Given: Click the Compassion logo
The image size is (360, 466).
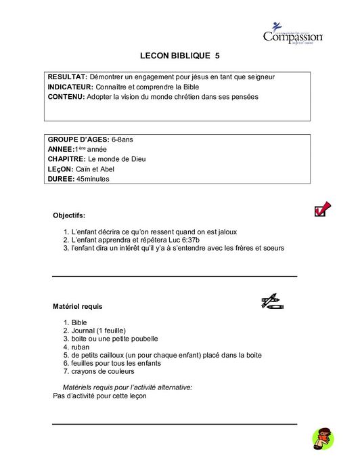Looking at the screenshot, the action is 292,35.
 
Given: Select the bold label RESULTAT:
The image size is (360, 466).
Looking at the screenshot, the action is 68,77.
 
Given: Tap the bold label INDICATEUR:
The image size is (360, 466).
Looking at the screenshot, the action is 72,87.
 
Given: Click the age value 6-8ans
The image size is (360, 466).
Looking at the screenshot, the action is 122,139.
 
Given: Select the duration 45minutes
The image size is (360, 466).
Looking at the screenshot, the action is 93,179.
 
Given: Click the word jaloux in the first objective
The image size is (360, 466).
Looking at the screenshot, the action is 224,231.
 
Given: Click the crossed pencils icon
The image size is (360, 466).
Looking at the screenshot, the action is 271,302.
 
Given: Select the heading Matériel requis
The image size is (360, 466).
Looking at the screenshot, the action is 78,306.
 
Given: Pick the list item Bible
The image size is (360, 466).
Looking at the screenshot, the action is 78,322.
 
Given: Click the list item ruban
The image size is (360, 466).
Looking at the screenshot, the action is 80,347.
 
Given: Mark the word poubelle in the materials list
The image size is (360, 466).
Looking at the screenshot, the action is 143,339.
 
